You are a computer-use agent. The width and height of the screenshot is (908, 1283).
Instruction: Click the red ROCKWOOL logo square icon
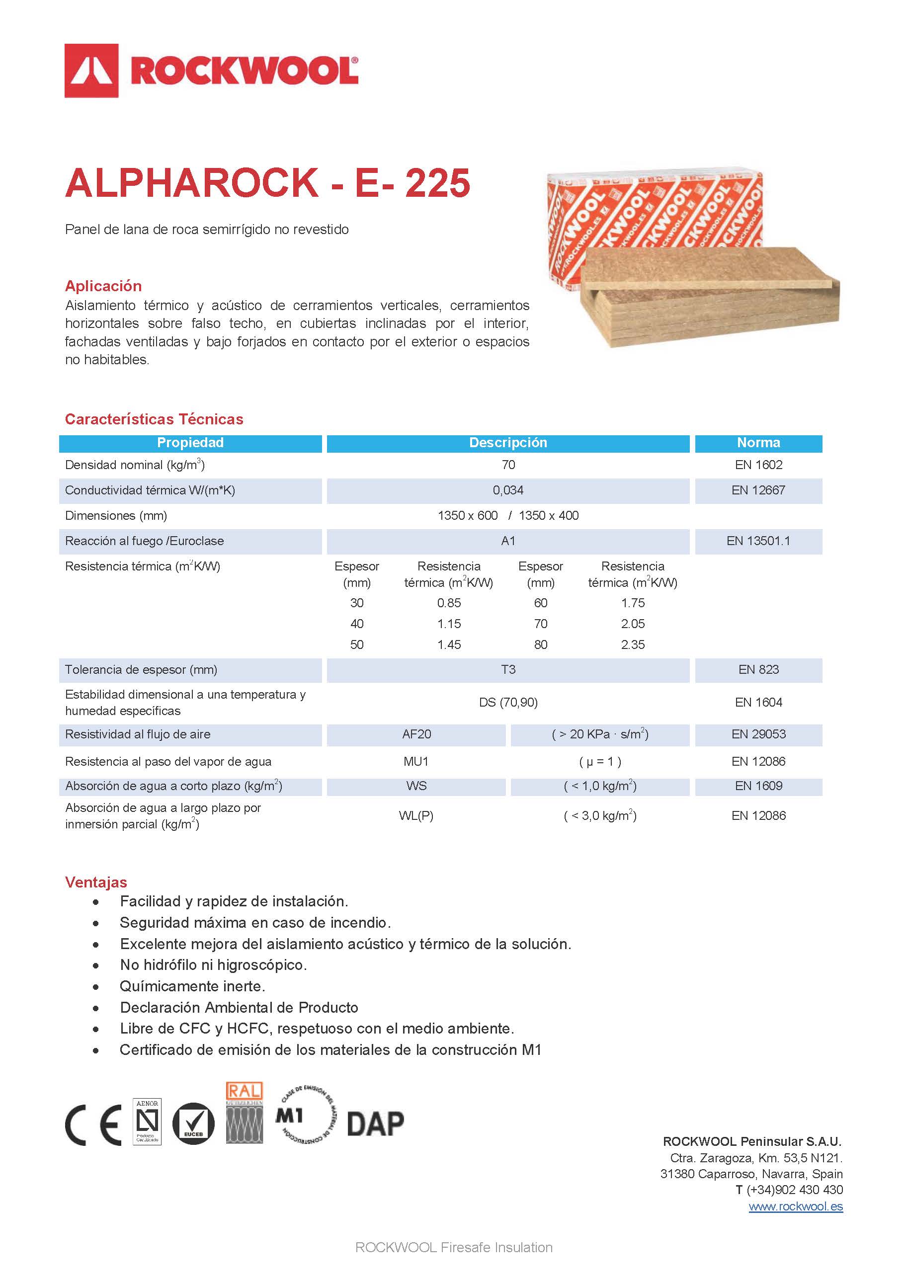pyautogui.click(x=91, y=71)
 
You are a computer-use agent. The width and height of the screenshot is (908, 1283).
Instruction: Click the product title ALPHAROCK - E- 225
pyautogui.click(x=267, y=183)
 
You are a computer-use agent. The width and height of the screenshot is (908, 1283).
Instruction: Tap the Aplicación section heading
pyautogui.click(x=103, y=286)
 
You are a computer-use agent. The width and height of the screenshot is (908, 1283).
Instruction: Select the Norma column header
pyautogui.click(x=758, y=443)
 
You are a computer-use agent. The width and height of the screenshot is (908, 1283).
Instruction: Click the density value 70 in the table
pyautogui.click(x=508, y=465)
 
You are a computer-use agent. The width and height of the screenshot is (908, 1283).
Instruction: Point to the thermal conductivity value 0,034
pyautogui.click(x=508, y=490)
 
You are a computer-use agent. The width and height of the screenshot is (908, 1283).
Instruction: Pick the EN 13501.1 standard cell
pyautogui.click(x=758, y=541)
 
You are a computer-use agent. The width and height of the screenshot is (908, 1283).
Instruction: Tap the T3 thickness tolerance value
pyautogui.click(x=508, y=669)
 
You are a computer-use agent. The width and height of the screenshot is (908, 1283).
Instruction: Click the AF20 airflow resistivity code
pyautogui.click(x=416, y=734)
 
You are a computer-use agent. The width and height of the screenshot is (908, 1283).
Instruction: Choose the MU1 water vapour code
pyautogui.click(x=416, y=761)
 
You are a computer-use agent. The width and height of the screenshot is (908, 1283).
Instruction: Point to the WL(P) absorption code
pyautogui.click(x=416, y=815)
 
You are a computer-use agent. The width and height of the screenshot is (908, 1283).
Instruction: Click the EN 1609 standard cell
pyautogui.click(x=758, y=786)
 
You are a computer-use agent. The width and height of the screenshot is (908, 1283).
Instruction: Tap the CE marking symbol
pyautogui.click(x=93, y=1125)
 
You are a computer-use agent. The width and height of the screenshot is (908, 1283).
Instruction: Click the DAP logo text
pyautogui.click(x=375, y=1123)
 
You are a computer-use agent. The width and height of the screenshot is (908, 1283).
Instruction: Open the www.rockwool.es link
pyautogui.click(x=796, y=1206)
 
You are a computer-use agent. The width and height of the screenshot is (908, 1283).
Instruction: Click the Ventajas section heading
pyautogui.click(x=96, y=882)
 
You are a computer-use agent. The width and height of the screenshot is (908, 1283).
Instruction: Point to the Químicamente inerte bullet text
pyautogui.click(x=192, y=986)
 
